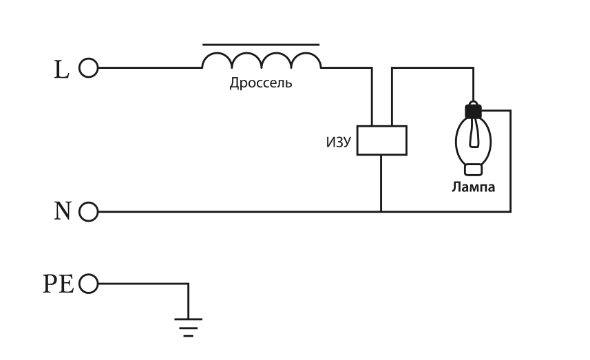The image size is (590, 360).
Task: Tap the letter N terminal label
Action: pos(63,211)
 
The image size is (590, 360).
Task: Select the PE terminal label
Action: pos(59,284)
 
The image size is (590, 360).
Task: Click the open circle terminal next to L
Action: pos(89,68)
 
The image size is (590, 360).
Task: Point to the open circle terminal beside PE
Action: pos(89,284)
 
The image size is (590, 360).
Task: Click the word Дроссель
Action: pos(261,84)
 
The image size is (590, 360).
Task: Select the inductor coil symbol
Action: pos(261,61)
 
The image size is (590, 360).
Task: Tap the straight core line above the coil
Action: pos(261,45)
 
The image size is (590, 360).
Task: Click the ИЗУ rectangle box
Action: pos(381,140)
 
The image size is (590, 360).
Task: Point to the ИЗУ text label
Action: pos(339,142)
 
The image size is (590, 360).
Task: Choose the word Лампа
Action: pos(473,187)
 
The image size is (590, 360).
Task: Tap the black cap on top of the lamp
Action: pos(473,109)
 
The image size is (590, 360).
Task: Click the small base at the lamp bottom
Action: pos(473,169)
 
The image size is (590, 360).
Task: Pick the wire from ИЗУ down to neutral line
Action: pos(381,183)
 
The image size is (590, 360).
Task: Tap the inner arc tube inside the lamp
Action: pos(473,134)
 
